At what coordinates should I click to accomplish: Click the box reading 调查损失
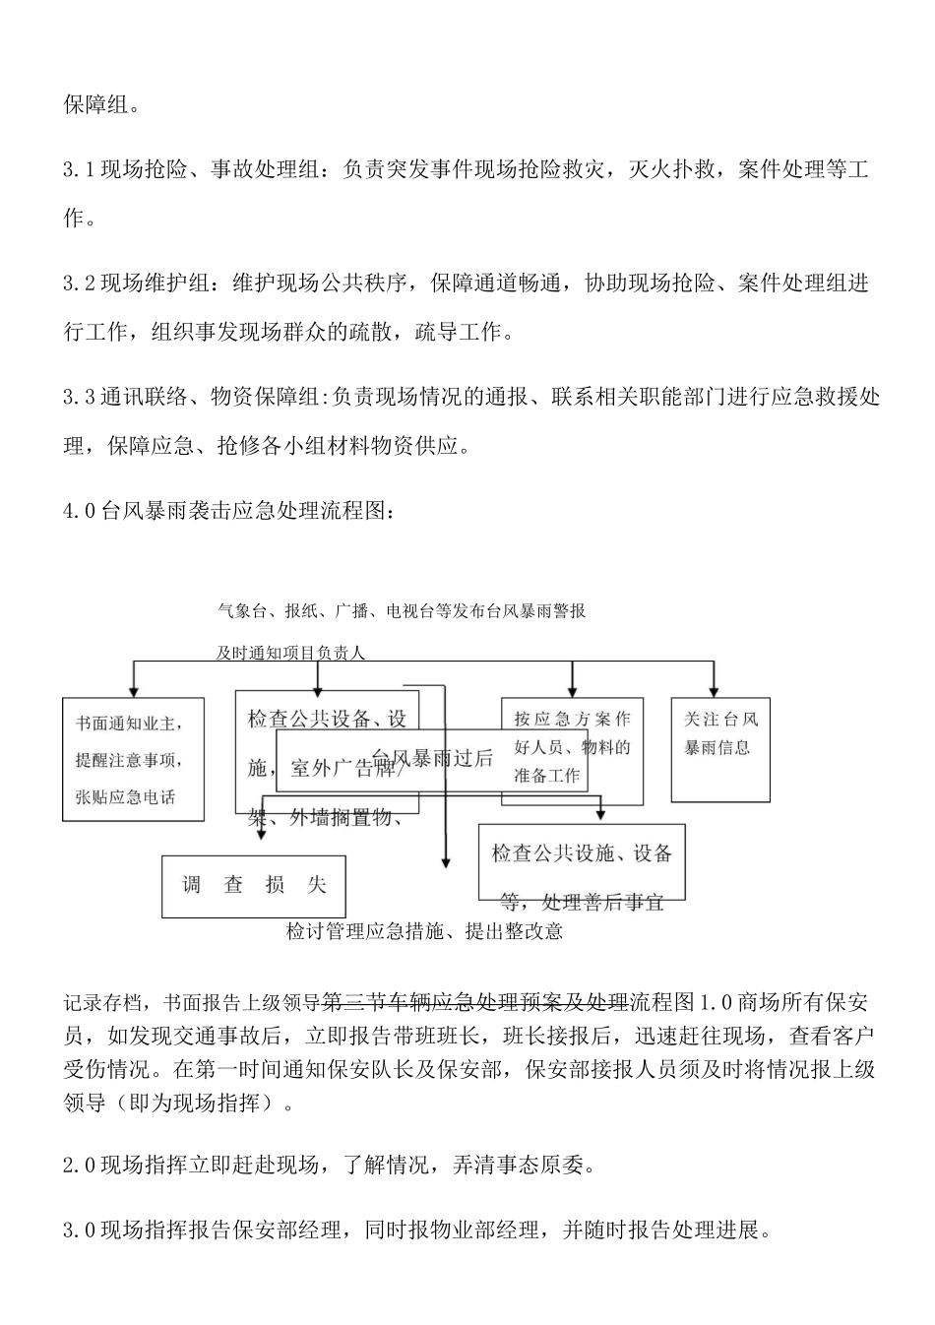point(253,885)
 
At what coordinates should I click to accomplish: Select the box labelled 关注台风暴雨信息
point(720,749)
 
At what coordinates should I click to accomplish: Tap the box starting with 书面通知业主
point(133,759)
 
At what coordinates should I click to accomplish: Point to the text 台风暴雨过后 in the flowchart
point(433,758)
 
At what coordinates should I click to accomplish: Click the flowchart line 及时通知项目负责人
point(290,652)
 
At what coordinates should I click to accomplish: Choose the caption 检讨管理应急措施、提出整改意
point(424,931)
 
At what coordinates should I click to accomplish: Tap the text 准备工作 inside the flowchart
point(547,776)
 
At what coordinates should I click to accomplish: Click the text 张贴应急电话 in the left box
point(125,796)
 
